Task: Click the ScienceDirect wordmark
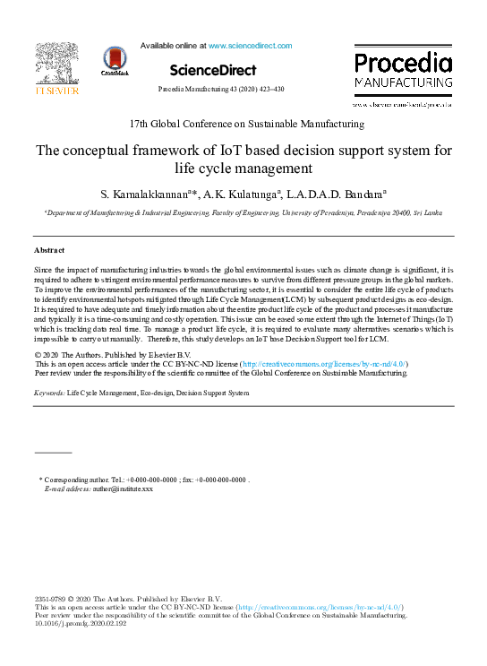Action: click(x=212, y=70)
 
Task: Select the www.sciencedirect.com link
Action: click(x=250, y=45)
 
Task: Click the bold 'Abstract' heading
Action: click(x=49, y=250)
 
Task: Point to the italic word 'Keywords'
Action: click(x=48, y=393)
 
